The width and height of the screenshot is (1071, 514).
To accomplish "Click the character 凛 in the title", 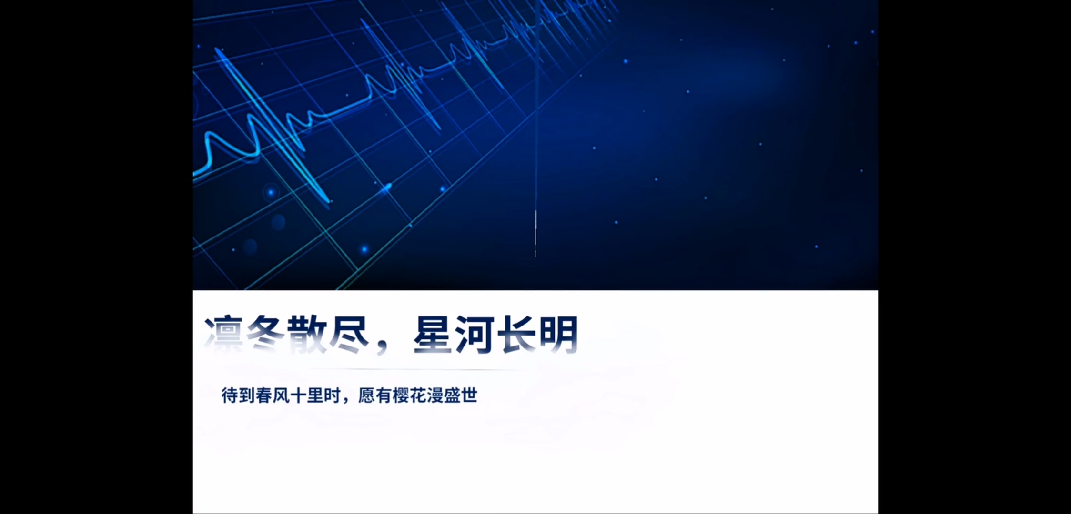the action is pos(224,334).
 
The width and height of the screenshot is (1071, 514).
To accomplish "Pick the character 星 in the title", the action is pos(433,334).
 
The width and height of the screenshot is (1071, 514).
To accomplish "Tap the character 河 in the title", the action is pos(475,334).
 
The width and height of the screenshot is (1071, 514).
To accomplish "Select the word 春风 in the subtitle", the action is pos(273,395).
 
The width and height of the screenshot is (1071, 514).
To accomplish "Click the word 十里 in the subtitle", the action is pos(307,395).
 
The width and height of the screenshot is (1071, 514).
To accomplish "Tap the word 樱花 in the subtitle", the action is pos(410,395).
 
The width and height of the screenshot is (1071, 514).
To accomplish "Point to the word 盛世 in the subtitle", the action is pos(461,395).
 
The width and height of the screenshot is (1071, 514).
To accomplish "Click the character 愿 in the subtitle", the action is pos(367,395).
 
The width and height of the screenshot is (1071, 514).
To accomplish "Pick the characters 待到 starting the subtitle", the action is pos(238,395).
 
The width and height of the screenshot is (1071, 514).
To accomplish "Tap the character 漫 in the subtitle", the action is pos(435,395).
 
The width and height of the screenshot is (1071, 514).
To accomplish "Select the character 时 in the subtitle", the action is pos(333,395).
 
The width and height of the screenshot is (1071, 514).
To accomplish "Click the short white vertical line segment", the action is pos(536,233).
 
